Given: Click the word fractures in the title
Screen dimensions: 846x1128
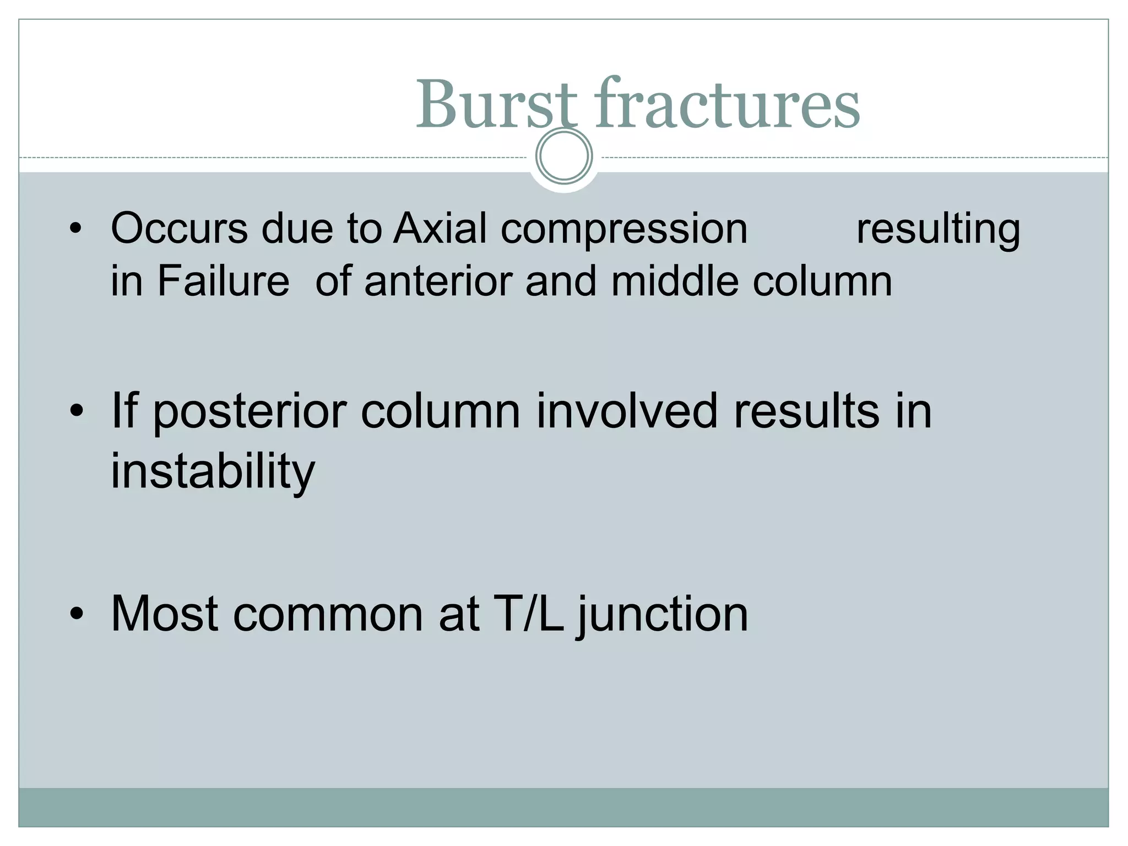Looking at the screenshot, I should click(726, 105).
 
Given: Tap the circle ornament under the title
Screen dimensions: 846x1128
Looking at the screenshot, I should click(563, 156).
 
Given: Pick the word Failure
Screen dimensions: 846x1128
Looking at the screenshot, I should click(223, 281).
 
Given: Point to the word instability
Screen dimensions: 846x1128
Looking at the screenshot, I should click(213, 471).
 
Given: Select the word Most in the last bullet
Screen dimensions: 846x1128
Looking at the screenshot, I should click(165, 614).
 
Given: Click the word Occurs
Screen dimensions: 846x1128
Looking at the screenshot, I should click(179, 229).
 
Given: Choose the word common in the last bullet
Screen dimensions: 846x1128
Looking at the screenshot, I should click(329, 615).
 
